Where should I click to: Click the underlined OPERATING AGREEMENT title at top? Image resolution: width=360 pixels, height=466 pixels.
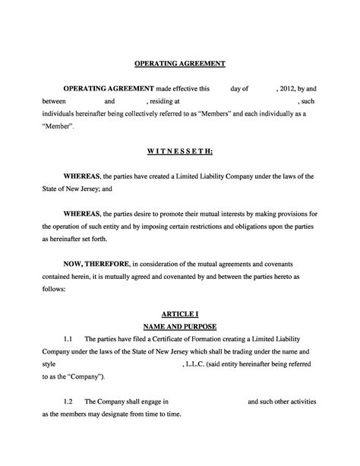[180, 63]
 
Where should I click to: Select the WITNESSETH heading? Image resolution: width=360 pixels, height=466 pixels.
[180, 151]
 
